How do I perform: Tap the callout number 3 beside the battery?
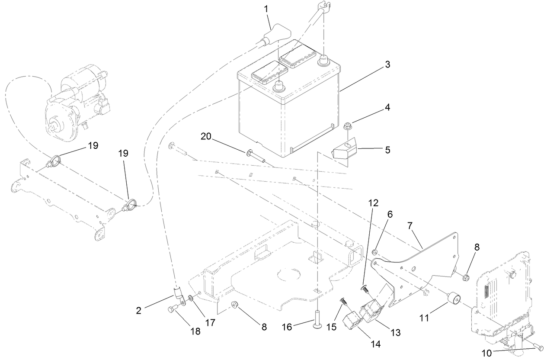387,64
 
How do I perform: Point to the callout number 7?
410,226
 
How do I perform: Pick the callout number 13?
394,333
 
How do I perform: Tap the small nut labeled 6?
375,252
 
